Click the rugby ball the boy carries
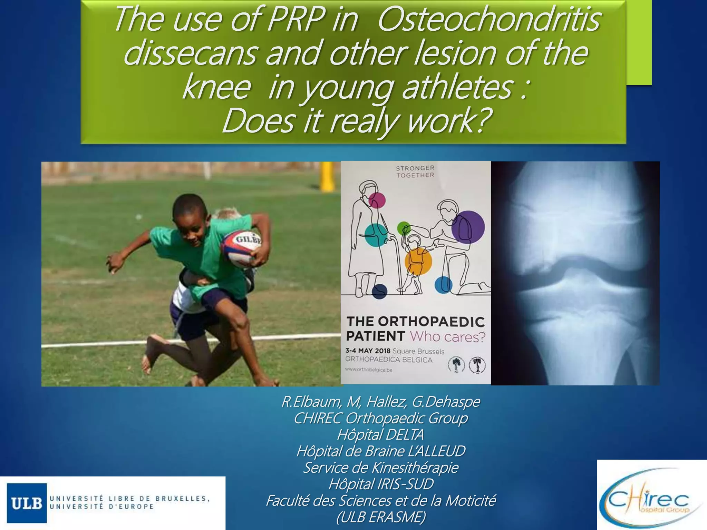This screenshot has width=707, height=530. click(x=241, y=249)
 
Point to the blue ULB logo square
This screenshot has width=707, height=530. click(x=27, y=503)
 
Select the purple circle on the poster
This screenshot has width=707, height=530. click(x=468, y=227)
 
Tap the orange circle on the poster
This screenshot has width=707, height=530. click(x=418, y=261)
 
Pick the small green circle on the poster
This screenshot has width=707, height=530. click(x=404, y=228)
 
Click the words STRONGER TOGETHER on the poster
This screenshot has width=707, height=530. click(x=415, y=171)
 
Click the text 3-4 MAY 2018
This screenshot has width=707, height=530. click(x=368, y=351)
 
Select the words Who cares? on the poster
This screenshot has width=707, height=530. click(x=448, y=337)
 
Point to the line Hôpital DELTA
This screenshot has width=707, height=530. click(x=380, y=434)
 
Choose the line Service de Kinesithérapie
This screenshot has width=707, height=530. click(x=381, y=468)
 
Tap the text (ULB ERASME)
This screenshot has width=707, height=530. click(x=381, y=517)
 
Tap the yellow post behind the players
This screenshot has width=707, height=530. click(x=327, y=176)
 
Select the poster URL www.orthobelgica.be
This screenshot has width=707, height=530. click(x=369, y=370)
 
